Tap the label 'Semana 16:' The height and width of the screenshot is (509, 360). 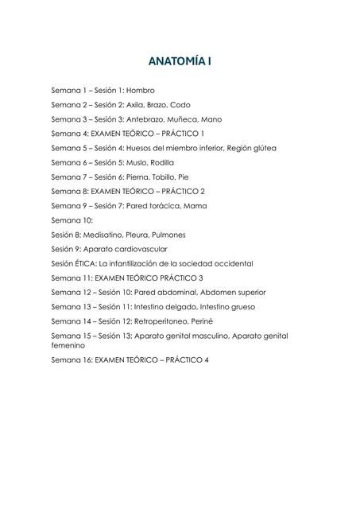(72, 359)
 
